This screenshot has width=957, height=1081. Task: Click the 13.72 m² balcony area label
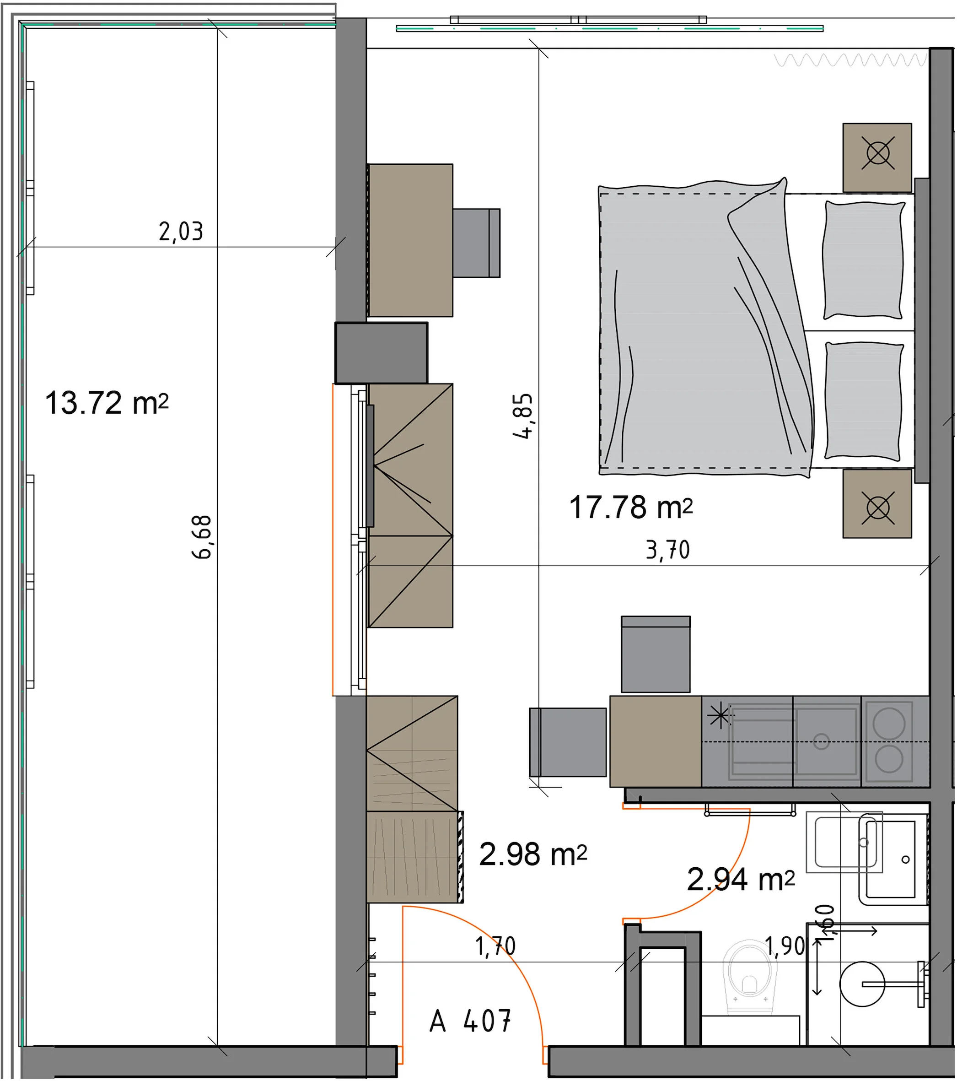tap(107, 403)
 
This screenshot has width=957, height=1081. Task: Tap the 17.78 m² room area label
tap(631, 507)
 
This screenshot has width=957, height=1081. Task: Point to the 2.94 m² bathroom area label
tap(741, 880)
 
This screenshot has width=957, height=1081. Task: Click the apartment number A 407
tap(470, 1021)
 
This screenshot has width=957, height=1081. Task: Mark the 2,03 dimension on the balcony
tap(181, 232)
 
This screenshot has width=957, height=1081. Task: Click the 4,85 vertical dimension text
tap(522, 416)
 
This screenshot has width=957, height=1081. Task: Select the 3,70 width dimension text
tap(668, 550)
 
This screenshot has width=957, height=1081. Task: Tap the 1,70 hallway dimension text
tap(495, 946)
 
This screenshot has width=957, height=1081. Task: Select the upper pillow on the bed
tap(863, 260)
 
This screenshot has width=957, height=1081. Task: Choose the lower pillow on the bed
tap(863, 401)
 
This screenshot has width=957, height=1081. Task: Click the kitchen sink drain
tap(821, 741)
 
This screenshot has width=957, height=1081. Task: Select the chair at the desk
tap(476, 243)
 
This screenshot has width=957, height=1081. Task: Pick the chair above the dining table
tap(656, 654)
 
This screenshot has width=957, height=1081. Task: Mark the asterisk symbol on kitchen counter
tap(720, 717)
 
